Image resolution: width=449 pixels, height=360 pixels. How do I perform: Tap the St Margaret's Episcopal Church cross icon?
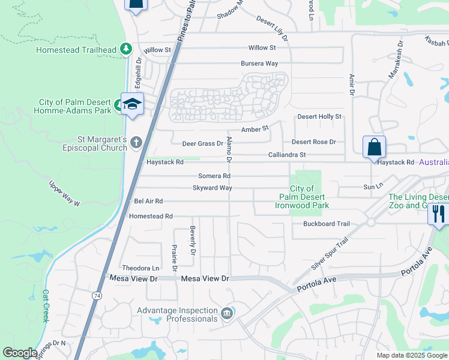pos(136,142)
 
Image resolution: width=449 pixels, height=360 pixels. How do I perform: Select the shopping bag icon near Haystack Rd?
pos(374,148)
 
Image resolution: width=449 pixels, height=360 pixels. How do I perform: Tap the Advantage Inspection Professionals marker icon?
pos(226,313)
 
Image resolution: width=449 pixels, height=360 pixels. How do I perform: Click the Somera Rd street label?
pos(214,176)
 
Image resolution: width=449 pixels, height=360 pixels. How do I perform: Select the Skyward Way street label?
pos(212,188)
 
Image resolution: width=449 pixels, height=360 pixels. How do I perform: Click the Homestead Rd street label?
pos(151,216)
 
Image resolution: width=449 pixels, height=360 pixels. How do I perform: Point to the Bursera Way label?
pos(259,63)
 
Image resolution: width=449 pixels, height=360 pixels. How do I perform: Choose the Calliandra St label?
pos(287,155)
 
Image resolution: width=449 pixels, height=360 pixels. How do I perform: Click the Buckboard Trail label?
pos(326,224)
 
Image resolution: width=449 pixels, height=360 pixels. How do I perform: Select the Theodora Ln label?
pos(140,268)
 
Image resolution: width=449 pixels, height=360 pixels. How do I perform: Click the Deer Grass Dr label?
pos(202,143)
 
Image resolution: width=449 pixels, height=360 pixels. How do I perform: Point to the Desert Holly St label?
pos(319,116)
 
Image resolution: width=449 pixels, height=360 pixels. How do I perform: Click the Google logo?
pos(20,353)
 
